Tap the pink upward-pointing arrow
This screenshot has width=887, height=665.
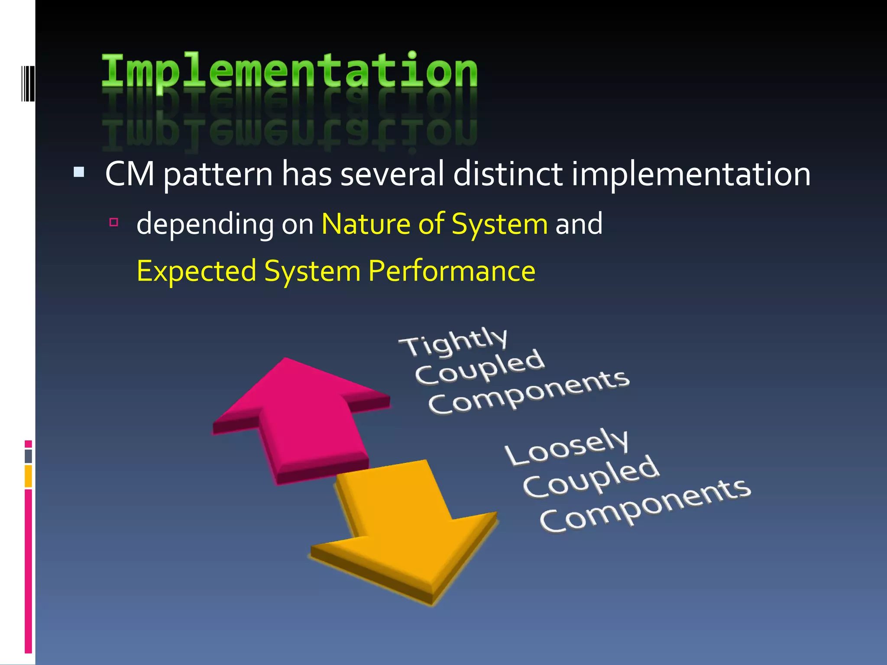click(x=299, y=416)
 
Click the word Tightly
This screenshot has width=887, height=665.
click(x=453, y=342)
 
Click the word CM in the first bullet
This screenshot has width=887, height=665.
click(x=129, y=174)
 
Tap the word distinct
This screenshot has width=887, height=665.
click(x=508, y=174)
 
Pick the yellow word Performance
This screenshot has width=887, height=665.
click(x=452, y=271)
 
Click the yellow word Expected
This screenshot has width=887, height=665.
click(x=196, y=271)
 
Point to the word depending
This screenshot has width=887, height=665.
click(x=204, y=225)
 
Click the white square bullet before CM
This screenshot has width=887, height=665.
click(x=79, y=172)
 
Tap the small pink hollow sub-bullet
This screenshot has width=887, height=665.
click(x=114, y=223)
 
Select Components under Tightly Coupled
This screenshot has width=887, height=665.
click(x=528, y=392)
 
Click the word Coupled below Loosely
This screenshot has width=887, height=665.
click(x=591, y=477)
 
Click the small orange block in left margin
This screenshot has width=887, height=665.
click(x=28, y=476)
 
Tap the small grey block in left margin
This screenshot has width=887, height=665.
click(x=28, y=456)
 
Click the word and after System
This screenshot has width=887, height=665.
click(x=579, y=224)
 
